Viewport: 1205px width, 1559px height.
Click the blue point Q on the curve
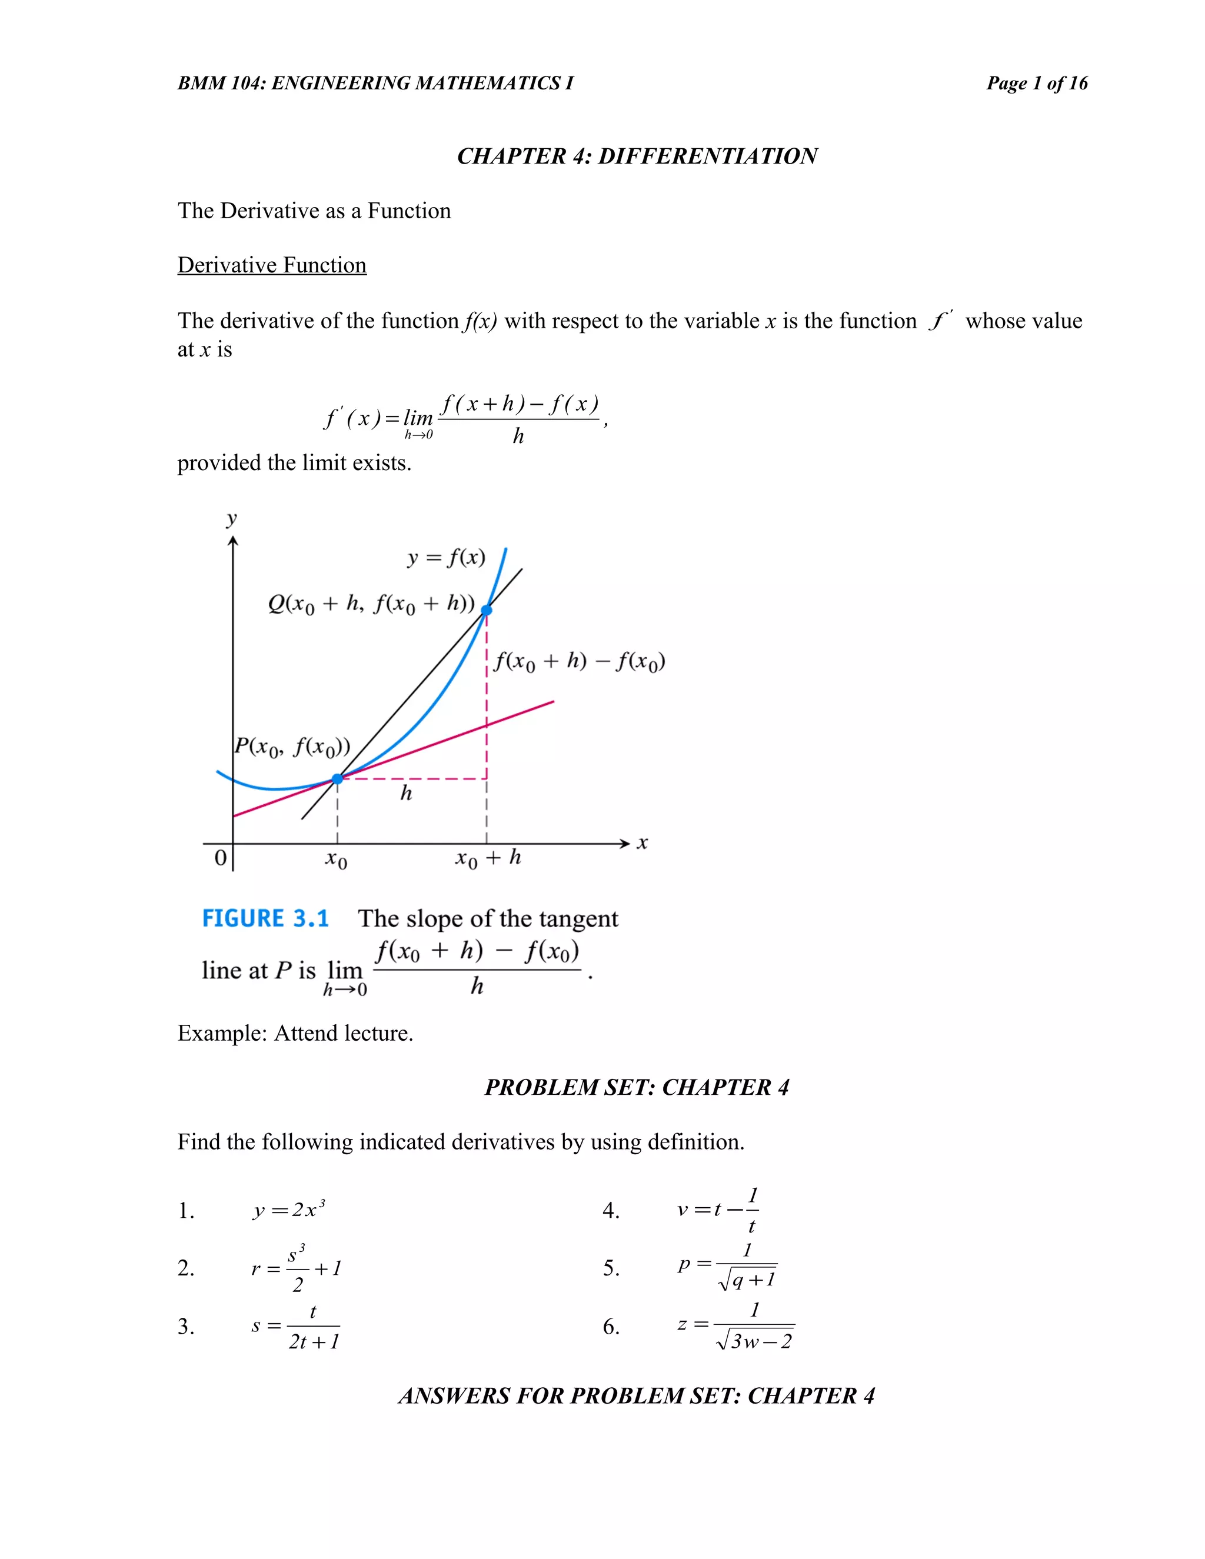click(x=486, y=610)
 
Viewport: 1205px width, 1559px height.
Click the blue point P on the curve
click(x=338, y=779)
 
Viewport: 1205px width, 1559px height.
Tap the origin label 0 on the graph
click(x=221, y=857)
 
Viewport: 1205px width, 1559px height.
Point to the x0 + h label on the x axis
click(x=488, y=858)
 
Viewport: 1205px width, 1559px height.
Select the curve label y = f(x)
click(x=446, y=558)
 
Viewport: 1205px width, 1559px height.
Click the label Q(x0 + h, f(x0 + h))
click(x=371, y=605)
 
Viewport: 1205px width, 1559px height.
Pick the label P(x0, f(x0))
click(x=292, y=747)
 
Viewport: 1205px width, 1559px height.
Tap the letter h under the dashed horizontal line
click(x=406, y=793)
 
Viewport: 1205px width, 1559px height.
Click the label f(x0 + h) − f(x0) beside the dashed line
click(x=579, y=662)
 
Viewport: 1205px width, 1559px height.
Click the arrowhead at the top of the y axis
click(x=233, y=542)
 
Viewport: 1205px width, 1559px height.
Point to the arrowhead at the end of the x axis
click(x=625, y=844)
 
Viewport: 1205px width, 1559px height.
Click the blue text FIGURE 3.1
click(x=265, y=919)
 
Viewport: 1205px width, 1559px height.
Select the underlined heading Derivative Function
click(x=272, y=265)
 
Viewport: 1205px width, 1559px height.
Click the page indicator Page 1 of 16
click(x=1037, y=84)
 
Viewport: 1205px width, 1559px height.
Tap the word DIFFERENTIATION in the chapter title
click(x=707, y=156)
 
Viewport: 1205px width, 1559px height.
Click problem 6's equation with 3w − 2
click(x=735, y=1326)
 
